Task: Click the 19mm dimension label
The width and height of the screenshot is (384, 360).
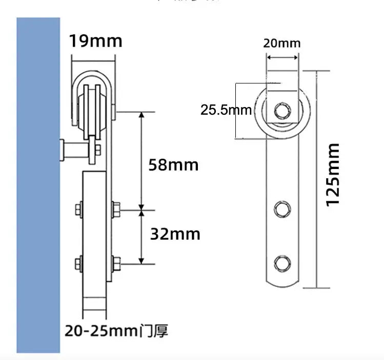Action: [x=96, y=41]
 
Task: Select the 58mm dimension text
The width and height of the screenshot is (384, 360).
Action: [x=173, y=165]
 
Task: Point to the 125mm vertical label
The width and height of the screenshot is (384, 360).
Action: [x=333, y=175]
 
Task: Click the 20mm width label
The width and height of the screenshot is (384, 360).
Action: [x=281, y=43]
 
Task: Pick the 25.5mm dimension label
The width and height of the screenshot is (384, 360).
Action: [x=226, y=110]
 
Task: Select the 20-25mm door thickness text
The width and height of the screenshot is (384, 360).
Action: [x=102, y=331]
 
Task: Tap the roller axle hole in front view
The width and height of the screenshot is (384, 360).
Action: [x=281, y=110]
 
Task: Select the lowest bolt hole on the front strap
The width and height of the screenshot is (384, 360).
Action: [x=281, y=262]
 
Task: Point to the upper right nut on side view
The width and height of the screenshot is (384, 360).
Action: [x=115, y=208]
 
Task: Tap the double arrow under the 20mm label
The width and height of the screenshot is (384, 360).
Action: [x=281, y=58]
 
